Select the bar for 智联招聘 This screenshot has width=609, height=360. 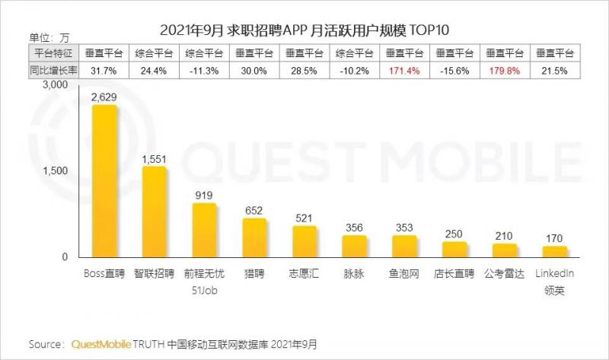pos(154,212)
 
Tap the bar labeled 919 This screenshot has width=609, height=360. pos(204,230)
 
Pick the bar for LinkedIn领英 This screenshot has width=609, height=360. pos(554,252)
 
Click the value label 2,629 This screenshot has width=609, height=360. pos(104,96)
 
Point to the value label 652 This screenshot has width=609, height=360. pos(254,209)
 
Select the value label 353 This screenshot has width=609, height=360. pos(404,227)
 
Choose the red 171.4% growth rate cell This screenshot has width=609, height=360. pos(404,71)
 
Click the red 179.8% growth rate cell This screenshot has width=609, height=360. pos(504,71)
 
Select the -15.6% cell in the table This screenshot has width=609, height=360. pos(454,71)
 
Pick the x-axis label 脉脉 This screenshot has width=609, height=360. pos(354,273)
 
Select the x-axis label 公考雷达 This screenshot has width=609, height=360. pos(504,273)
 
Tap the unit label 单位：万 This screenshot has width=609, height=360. pos(49,37)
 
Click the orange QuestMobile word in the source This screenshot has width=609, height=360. pos(102,345)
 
